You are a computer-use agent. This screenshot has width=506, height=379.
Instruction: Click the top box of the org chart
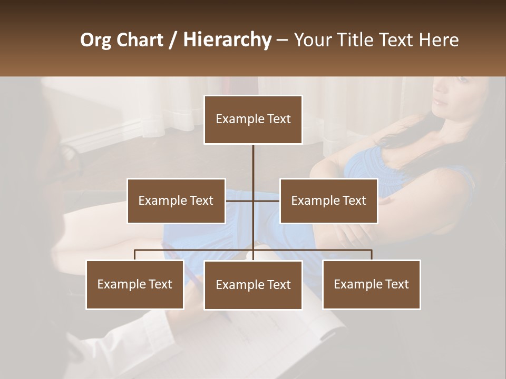253,119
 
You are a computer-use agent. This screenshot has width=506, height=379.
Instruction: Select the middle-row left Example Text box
176,201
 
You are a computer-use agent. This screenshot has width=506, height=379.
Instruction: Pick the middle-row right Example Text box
328,201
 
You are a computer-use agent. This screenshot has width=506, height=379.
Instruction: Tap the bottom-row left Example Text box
135,285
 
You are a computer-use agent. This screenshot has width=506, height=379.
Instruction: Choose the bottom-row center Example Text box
253,285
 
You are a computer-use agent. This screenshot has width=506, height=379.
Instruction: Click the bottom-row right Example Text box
371,285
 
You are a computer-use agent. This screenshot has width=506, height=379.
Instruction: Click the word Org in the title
96,40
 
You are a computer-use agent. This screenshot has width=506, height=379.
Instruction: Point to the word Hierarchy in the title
227,40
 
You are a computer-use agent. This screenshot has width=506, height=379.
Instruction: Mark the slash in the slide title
172,40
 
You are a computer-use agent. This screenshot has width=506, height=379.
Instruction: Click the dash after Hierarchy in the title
282,40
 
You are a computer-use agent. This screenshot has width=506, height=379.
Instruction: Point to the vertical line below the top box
253,168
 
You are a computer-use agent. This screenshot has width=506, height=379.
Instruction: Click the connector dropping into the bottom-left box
135,255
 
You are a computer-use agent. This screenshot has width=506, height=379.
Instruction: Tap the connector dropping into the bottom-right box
372,255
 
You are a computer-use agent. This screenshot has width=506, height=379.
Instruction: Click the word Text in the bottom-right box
396,285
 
